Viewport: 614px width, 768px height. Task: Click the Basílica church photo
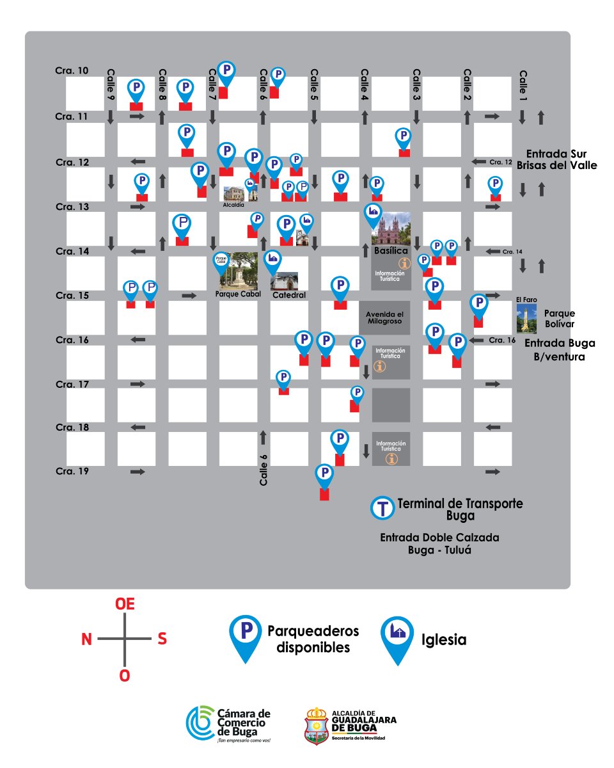pos(391,228)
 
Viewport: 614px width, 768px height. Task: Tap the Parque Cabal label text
pos(236,296)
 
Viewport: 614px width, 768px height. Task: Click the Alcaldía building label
pos(233,205)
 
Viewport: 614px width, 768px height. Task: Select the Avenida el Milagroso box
pos(384,317)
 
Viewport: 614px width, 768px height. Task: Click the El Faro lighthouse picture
pos(526,319)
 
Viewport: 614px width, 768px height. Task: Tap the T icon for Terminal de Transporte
pos(383,508)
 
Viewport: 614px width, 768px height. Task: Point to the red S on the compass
pos(162,639)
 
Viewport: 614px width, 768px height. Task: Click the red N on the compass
pos(86,639)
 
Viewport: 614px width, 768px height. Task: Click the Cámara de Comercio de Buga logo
pos(228,723)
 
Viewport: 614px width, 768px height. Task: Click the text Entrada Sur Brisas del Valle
pos(560,159)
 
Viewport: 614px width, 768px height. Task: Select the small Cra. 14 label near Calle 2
pos(513,252)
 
